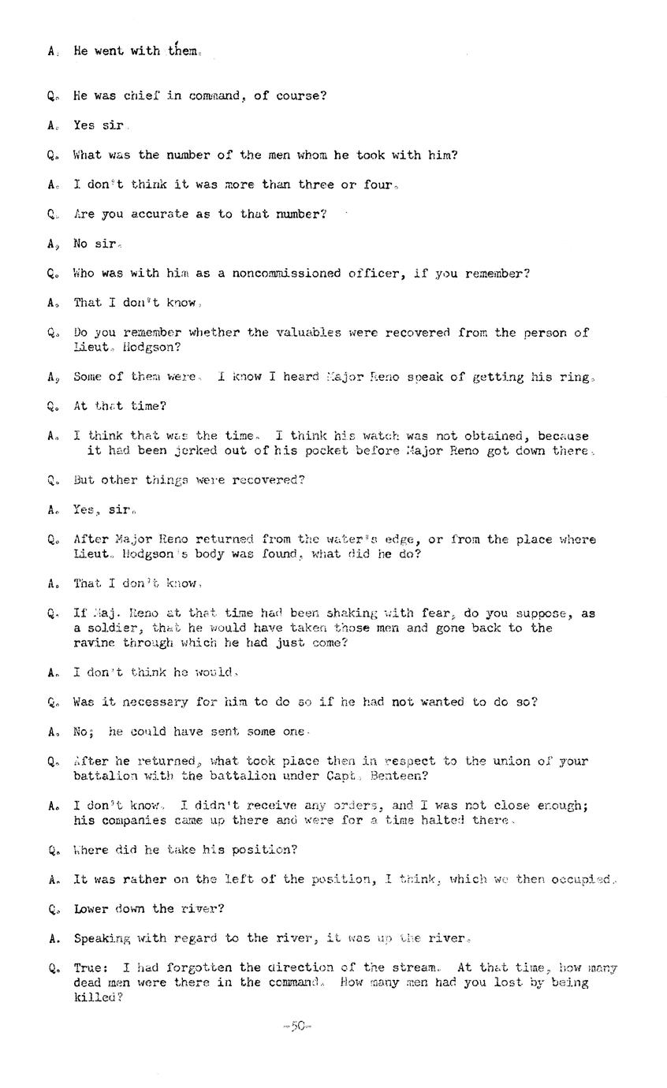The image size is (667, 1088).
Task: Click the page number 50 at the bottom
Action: (x=297, y=1026)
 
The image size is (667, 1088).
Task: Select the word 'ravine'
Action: (x=95, y=643)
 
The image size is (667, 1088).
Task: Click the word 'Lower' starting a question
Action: (x=92, y=908)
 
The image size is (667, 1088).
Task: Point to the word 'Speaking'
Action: (x=102, y=938)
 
